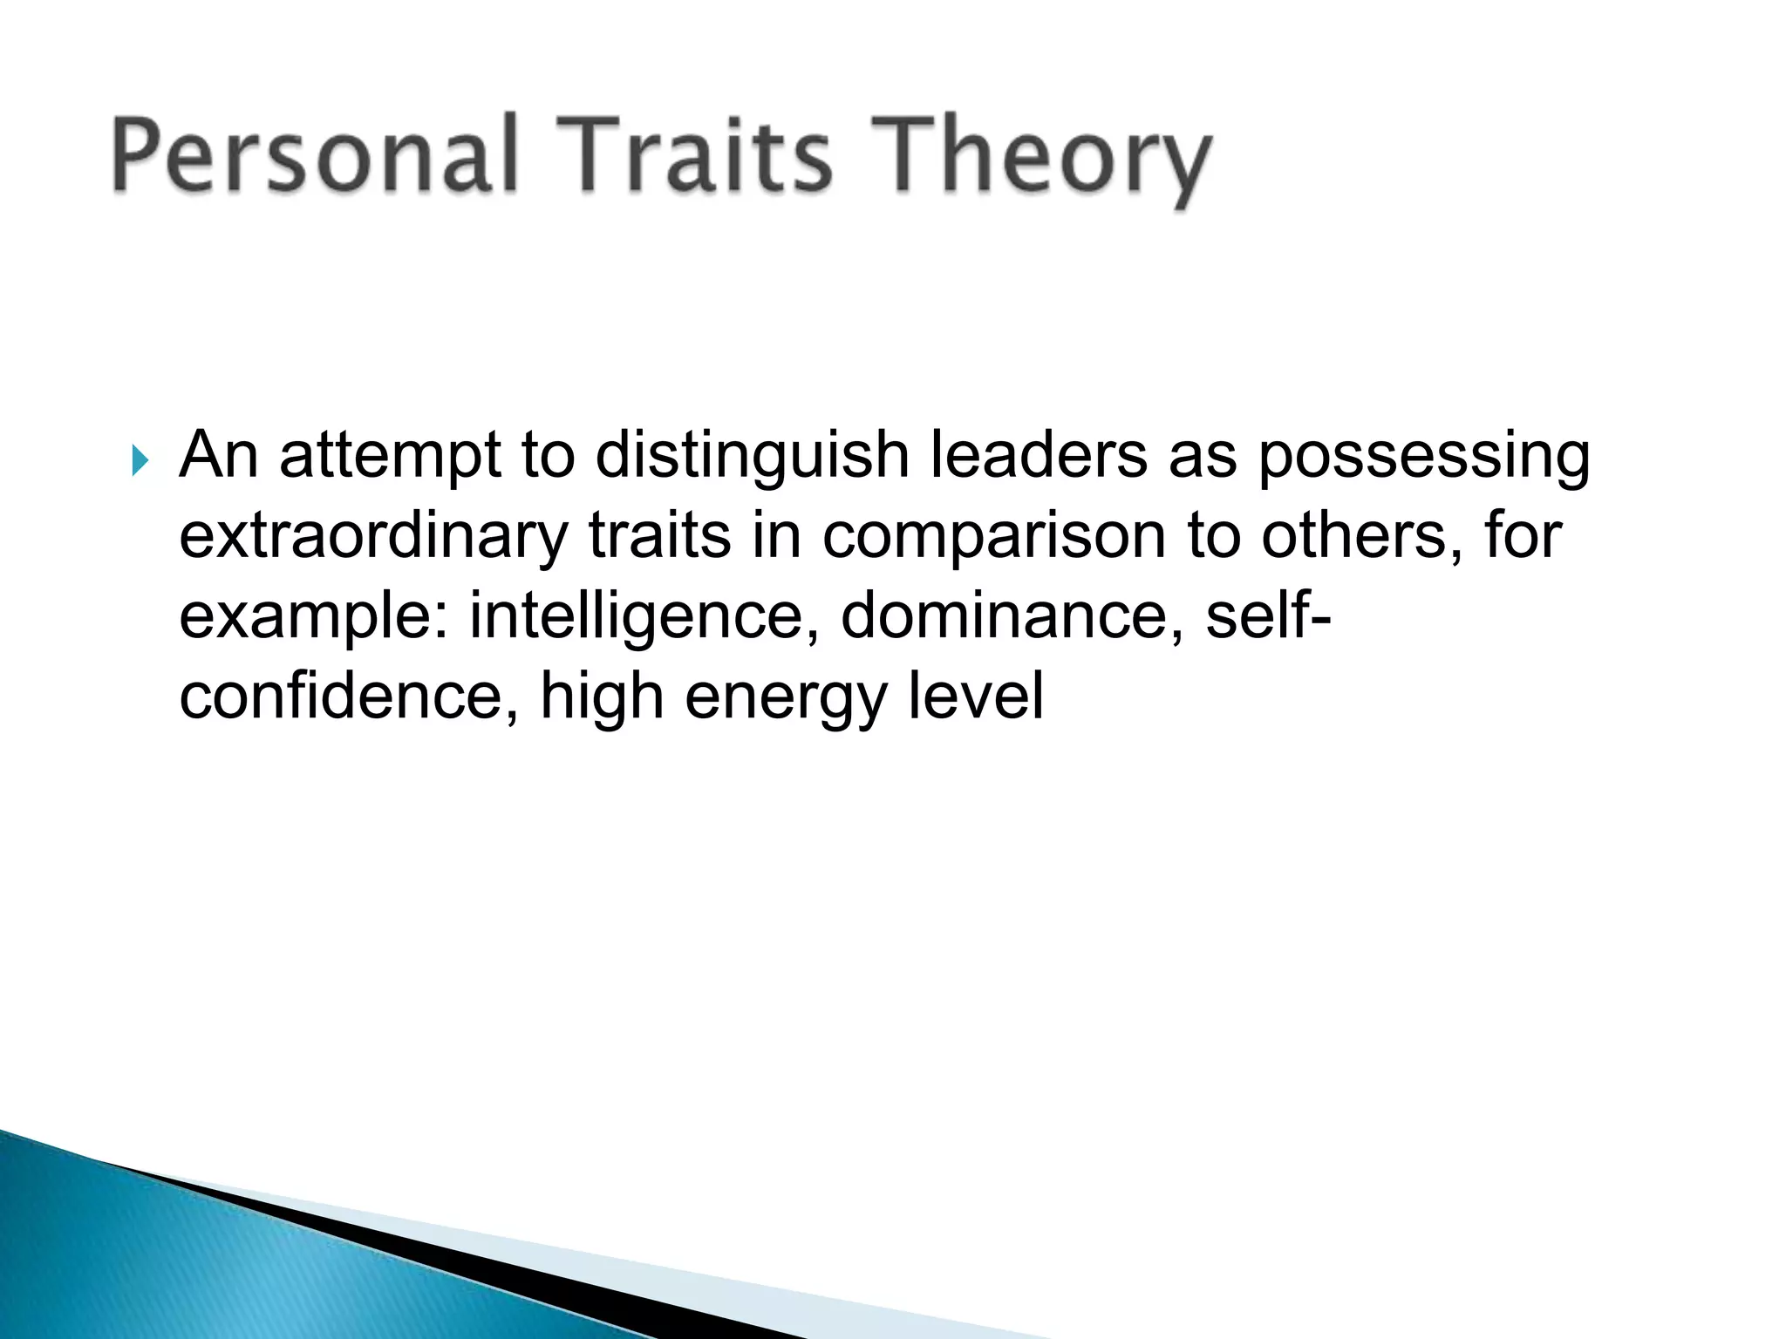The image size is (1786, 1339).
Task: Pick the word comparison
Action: pos(993,536)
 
